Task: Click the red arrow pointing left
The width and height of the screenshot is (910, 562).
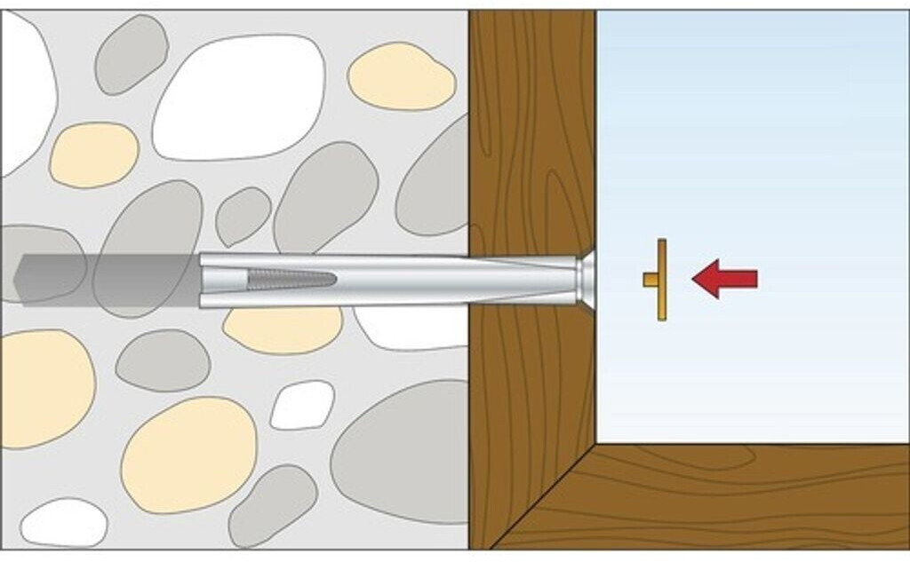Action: [725, 279]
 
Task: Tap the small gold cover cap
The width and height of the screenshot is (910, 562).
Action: [659, 280]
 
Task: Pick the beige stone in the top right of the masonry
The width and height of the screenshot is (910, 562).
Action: [401, 77]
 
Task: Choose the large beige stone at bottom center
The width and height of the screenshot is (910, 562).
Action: [188, 455]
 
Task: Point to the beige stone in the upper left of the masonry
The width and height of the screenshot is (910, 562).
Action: [93, 154]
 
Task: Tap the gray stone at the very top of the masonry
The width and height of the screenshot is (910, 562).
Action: [132, 54]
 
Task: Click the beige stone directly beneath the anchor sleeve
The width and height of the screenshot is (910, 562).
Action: [283, 329]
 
